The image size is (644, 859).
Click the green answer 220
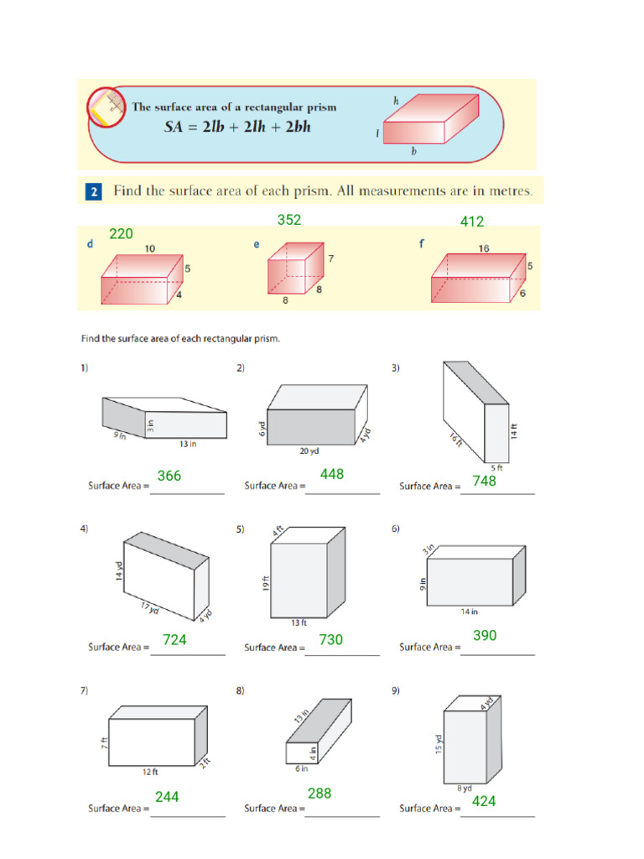(121, 234)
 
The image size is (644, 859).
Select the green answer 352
(289, 220)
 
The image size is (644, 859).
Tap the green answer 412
(472, 222)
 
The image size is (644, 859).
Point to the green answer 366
(169, 476)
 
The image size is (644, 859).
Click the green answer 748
(484, 481)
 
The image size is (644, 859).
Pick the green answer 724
(174, 640)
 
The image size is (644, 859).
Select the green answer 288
(319, 793)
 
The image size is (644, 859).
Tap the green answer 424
(484, 801)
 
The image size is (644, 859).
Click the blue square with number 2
(93, 192)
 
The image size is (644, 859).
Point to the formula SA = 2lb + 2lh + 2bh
(237, 128)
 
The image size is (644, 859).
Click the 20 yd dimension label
(309, 451)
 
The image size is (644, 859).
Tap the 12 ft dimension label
(149, 773)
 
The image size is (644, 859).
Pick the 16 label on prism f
(484, 248)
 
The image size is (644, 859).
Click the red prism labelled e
(294, 269)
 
